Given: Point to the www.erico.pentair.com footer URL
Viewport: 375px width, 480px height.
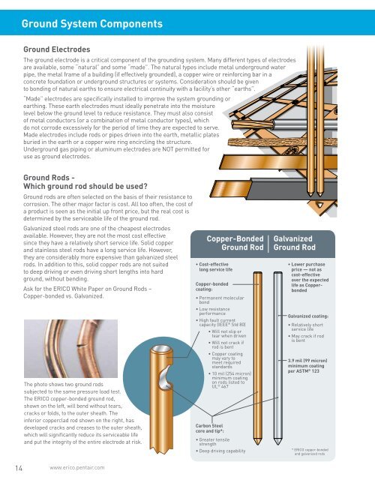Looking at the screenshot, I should point(80,469).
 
